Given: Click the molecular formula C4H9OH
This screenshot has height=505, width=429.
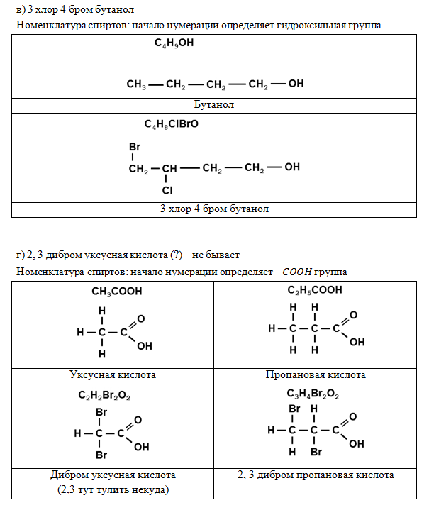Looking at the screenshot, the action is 174,43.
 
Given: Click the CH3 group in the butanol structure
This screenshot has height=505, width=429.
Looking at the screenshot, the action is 136,84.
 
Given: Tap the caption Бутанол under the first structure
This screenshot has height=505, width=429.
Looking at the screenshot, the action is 214,104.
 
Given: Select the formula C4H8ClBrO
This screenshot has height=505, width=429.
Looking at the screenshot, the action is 172,124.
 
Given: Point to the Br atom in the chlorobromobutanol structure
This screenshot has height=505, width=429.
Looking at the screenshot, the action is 135,147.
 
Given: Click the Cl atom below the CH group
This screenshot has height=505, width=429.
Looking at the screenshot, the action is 167,190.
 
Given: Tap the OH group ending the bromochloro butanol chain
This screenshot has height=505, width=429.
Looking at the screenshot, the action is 292,167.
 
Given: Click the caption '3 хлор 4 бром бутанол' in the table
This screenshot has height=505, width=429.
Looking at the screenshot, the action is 214,209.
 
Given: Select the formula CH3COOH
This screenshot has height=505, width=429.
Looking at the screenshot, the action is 116,292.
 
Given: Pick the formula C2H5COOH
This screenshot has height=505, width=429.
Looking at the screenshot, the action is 315,290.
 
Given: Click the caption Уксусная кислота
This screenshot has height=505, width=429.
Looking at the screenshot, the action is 113,374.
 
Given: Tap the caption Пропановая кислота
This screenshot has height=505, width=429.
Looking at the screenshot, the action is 316,374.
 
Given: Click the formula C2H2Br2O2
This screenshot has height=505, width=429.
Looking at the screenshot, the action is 104,395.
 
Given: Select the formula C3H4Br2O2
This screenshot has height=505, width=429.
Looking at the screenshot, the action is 313,394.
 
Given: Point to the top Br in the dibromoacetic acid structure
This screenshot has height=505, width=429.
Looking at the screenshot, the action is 101,412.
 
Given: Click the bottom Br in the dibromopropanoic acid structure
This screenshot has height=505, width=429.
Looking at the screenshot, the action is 316,452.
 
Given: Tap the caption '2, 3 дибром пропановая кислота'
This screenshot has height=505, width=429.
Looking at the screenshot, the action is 316,475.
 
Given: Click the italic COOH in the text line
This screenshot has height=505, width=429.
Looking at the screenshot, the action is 297,272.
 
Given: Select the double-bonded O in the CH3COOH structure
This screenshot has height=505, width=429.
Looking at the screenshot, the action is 140,319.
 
